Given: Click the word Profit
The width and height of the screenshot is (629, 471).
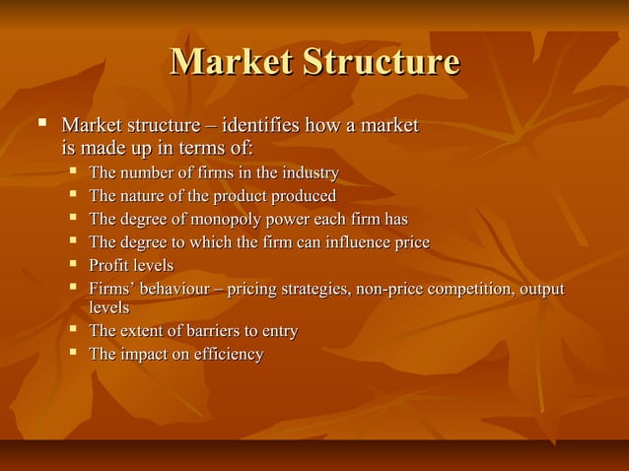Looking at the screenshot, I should tap(107, 266).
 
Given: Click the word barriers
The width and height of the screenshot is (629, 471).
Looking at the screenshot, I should tap(220, 331).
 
